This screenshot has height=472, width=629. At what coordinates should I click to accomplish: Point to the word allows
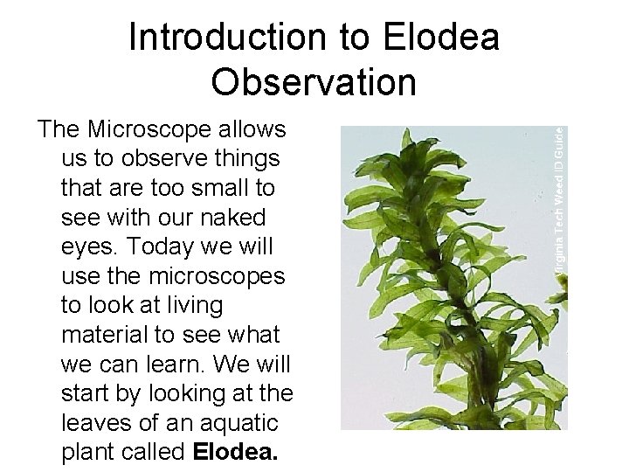click(252, 131)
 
